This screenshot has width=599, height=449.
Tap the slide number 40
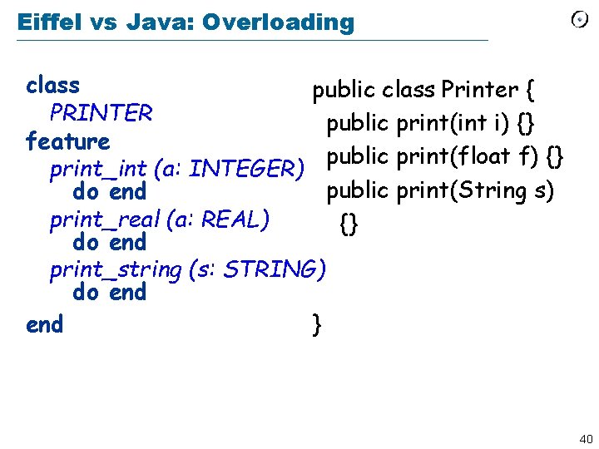click(x=584, y=438)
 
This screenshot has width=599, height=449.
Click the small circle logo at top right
click(x=580, y=20)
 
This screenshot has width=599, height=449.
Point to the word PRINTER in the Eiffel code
click(x=101, y=113)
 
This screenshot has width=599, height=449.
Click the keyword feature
click(x=67, y=141)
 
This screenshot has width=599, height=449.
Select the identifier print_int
click(x=99, y=170)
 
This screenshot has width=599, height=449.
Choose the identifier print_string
click(x=116, y=269)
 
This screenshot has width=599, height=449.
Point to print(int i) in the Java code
click(x=453, y=124)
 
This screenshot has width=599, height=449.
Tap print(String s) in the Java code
click(x=474, y=190)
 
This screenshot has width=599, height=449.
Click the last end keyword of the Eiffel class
click(x=44, y=323)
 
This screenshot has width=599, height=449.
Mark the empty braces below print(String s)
click(x=349, y=223)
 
